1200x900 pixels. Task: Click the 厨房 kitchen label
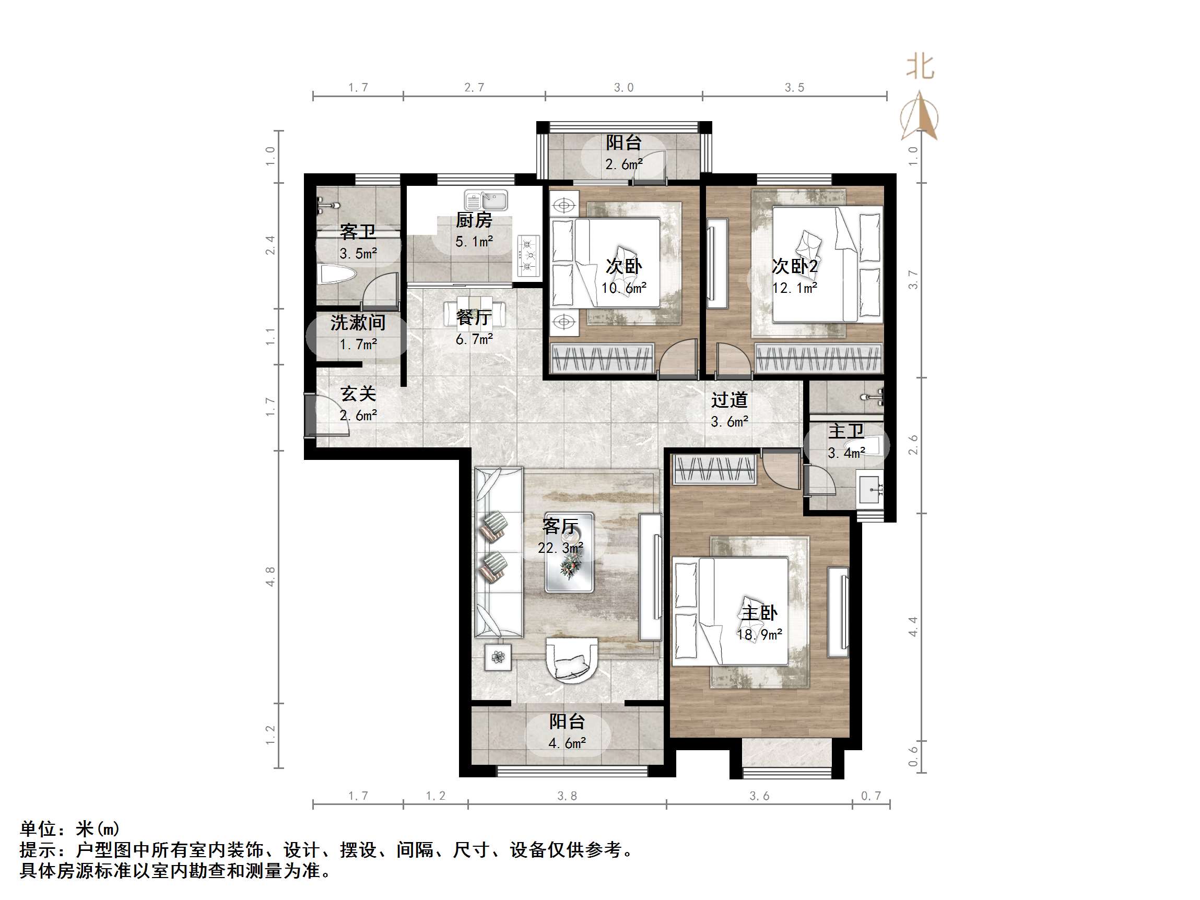coord(474,220)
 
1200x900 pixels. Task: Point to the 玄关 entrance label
coord(358,394)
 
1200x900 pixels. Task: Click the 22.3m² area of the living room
coord(560,548)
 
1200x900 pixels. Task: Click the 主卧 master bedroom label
coord(759,613)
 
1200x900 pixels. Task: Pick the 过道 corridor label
coord(729,400)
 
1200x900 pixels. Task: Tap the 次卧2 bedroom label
coord(795,266)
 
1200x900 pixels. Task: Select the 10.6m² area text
coord(624,288)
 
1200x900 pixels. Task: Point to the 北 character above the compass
coord(920,67)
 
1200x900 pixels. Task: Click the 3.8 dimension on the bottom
coord(567,796)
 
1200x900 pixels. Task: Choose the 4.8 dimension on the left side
coord(270,576)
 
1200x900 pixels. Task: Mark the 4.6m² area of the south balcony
coord(567,743)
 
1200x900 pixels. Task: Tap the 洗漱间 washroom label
coord(358,323)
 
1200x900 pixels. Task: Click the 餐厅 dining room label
coord(474,317)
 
